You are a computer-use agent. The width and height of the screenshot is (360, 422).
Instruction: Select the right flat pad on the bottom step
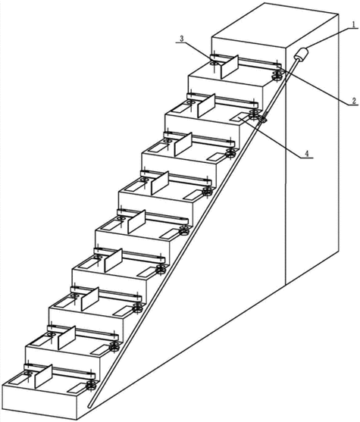click(76, 387)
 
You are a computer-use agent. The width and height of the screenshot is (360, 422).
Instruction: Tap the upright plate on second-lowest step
click(67, 339)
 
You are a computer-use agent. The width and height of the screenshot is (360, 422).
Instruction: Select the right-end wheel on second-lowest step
click(114, 346)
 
